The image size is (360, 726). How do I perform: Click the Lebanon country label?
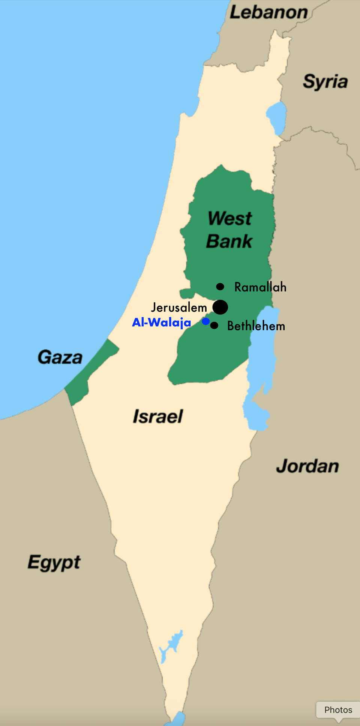pyautogui.click(x=268, y=12)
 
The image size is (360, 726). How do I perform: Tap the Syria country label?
pyautogui.click(x=325, y=81)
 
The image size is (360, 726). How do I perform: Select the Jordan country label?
pyautogui.click(x=307, y=466)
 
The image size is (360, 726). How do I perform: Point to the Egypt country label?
pyautogui.click(x=54, y=562)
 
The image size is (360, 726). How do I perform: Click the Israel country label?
pyautogui.click(x=158, y=416)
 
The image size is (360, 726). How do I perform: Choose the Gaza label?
pyautogui.click(x=60, y=357)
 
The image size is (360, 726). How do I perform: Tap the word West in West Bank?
pyautogui.click(x=229, y=218)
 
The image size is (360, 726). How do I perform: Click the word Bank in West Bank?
pyautogui.click(x=229, y=241)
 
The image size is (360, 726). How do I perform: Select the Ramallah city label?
pyautogui.click(x=260, y=287)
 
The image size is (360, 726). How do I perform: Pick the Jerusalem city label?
pyautogui.click(x=179, y=308)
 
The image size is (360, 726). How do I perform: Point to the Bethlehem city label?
pyautogui.click(x=256, y=326)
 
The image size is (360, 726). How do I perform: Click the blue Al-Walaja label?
pyautogui.click(x=162, y=322)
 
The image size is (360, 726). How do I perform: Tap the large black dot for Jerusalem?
pyautogui.click(x=220, y=307)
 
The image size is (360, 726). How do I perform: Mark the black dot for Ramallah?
pyautogui.click(x=220, y=287)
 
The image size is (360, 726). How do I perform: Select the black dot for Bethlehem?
pyautogui.click(x=214, y=325)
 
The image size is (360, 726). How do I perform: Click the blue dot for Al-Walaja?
pyautogui.click(x=205, y=321)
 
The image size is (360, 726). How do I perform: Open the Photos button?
pyautogui.click(x=338, y=710)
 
